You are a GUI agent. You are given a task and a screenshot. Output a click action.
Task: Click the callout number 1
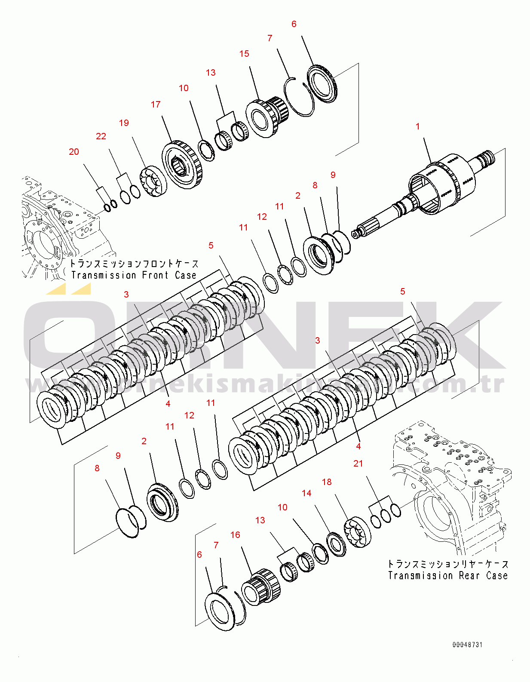(417, 126)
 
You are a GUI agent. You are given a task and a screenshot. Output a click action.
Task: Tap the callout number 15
(244, 54)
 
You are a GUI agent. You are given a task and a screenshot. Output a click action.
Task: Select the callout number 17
(156, 104)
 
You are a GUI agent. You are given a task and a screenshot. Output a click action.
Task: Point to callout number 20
(74, 152)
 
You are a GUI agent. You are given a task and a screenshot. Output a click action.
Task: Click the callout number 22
(101, 136)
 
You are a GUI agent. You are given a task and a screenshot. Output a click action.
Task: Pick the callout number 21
(358, 464)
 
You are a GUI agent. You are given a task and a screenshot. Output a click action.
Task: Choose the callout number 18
(327, 482)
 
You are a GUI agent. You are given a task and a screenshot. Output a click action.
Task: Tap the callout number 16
(235, 535)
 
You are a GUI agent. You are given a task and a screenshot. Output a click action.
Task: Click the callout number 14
(306, 493)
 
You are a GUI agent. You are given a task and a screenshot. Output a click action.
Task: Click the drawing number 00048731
(467, 645)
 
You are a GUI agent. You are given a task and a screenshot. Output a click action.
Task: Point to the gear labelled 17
(182, 165)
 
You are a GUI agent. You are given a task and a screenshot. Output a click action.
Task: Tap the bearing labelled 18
(357, 531)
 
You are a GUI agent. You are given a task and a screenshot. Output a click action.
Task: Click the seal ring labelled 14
(336, 544)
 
